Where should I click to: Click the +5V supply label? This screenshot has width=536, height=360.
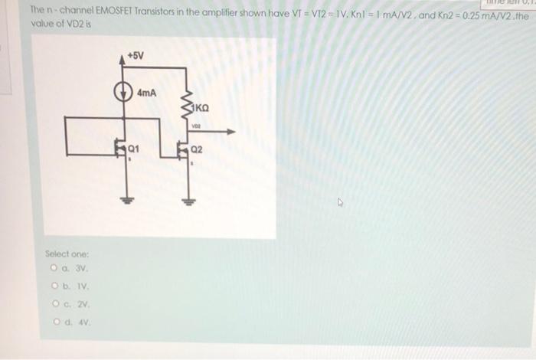point(135,57)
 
